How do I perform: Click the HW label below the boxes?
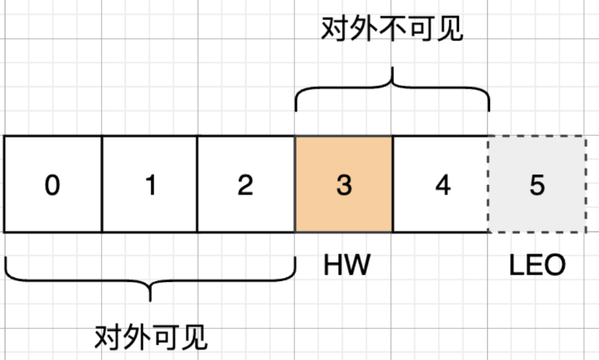pos(347,266)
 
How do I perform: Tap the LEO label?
pos(536,266)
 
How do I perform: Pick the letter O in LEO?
pos(555,266)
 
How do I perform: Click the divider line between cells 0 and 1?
pos(102,184)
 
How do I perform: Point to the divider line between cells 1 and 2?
pos(197,184)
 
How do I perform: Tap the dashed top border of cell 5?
pos(536,137)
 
